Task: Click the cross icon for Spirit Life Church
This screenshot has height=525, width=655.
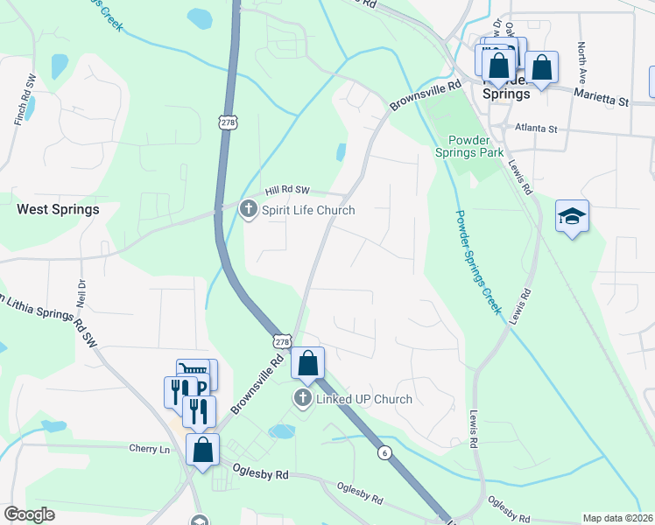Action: pyautogui.click(x=249, y=209)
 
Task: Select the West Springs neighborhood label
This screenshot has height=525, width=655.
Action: pyautogui.click(x=58, y=210)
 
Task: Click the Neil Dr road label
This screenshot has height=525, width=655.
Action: pyautogui.click(x=81, y=290)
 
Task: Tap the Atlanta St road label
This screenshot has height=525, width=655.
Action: pyautogui.click(x=536, y=129)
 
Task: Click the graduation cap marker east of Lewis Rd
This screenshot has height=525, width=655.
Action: pyautogui.click(x=572, y=216)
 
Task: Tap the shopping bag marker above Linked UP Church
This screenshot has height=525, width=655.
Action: pyautogui.click(x=308, y=363)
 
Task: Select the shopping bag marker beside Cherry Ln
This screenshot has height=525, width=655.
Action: pyautogui.click(x=203, y=451)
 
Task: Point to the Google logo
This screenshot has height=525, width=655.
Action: pyautogui.click(x=29, y=514)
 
